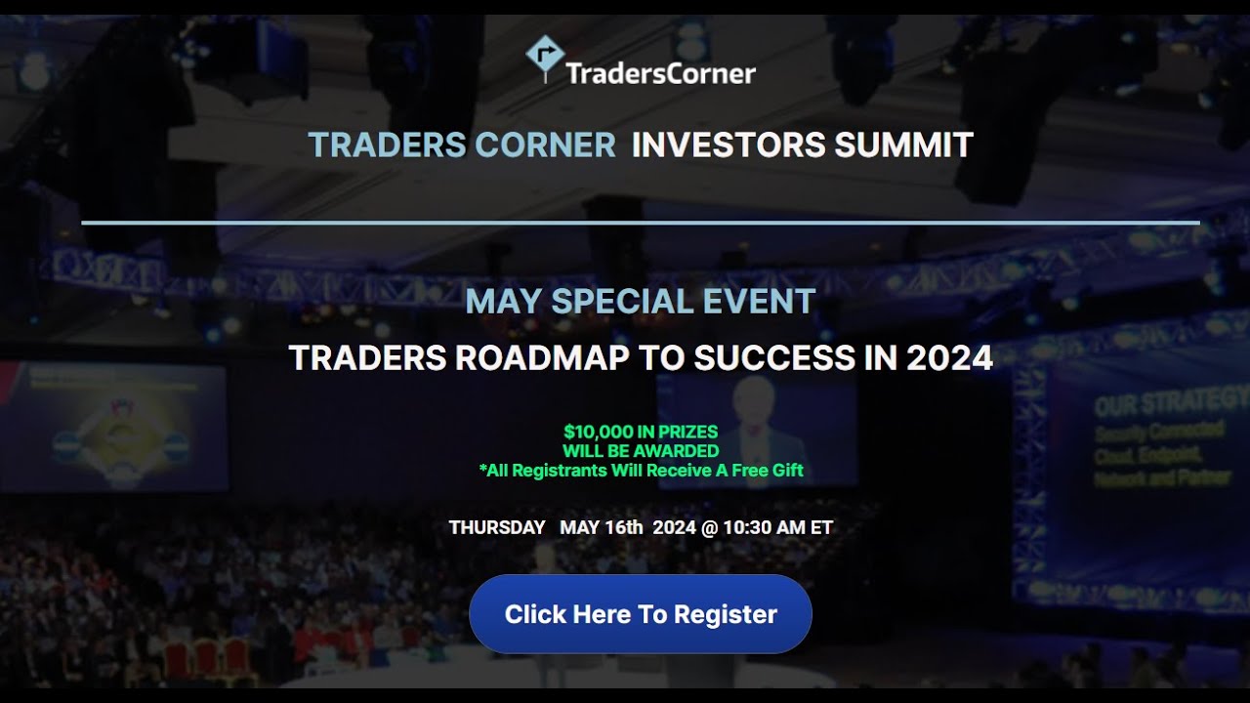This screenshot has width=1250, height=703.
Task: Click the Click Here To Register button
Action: point(640,614)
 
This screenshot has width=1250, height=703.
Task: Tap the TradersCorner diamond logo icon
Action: point(544,57)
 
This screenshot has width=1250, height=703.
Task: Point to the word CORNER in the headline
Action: point(545,145)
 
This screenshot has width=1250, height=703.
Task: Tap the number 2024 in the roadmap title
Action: point(949,358)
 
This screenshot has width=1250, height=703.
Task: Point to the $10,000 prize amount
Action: point(595,432)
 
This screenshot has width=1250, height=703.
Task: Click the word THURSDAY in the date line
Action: point(497,528)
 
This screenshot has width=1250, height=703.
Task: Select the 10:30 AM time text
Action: point(764,528)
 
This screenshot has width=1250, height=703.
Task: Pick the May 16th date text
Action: point(602,528)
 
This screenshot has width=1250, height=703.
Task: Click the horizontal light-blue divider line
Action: point(640,223)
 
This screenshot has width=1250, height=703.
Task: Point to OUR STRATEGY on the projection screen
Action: point(1170,403)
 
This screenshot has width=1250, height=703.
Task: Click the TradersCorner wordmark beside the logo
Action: point(661,72)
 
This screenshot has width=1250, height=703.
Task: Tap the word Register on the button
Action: point(726,614)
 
